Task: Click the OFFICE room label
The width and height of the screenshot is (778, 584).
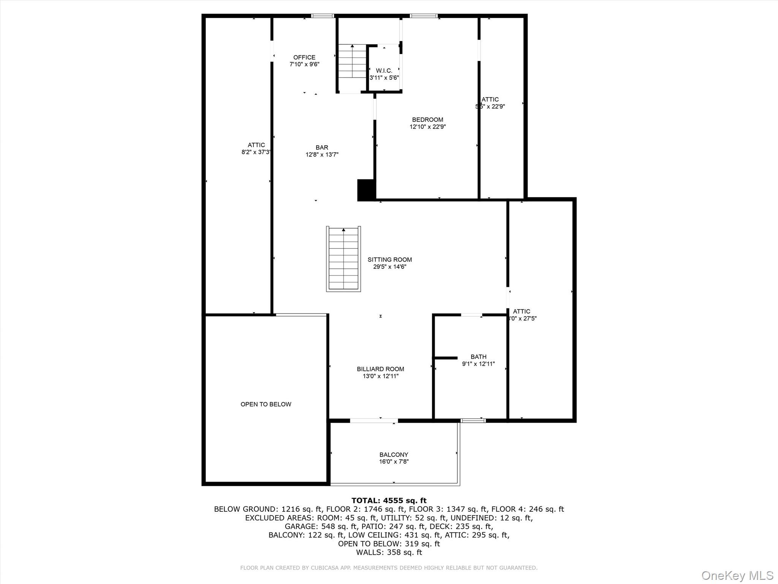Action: click(x=304, y=57)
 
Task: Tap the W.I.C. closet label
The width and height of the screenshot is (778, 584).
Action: click(x=384, y=71)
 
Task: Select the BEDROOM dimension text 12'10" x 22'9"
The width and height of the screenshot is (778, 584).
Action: click(x=427, y=127)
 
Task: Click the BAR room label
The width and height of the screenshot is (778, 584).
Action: click(x=322, y=148)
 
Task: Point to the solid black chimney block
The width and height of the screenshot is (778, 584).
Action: click(x=366, y=190)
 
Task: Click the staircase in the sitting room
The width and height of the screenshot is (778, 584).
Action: click(x=343, y=259)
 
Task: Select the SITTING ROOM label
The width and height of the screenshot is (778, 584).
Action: click(x=389, y=260)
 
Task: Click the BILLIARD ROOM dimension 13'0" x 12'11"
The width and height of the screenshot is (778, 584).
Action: click(x=380, y=376)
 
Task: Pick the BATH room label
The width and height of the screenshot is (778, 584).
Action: click(x=478, y=357)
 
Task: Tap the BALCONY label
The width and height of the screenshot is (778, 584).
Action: click(x=394, y=455)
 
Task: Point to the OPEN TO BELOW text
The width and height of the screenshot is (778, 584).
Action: click(x=266, y=404)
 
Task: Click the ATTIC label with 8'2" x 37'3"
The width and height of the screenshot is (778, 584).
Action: click(x=256, y=145)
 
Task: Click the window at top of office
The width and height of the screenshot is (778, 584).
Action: click(x=323, y=16)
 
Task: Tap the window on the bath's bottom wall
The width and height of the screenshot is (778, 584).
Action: click(x=473, y=421)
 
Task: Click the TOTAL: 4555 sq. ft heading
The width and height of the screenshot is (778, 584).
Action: click(x=389, y=501)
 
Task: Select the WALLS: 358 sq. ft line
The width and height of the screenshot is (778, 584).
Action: click(x=389, y=552)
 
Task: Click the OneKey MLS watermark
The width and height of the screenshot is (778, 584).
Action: click(x=737, y=576)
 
